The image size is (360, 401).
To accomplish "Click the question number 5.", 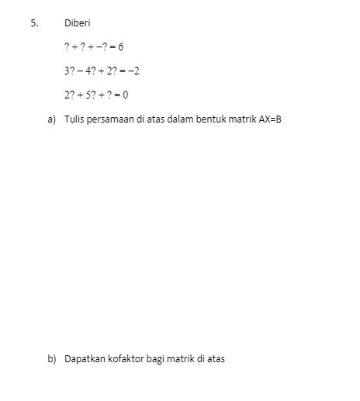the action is [x=33, y=23].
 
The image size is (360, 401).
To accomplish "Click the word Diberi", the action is [x=78, y=23].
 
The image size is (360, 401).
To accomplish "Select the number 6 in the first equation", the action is [x=121, y=47].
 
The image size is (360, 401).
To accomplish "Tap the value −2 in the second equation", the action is [x=133, y=71].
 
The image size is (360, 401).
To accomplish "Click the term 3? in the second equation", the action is [x=70, y=71].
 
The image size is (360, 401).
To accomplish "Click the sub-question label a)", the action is [x=52, y=120].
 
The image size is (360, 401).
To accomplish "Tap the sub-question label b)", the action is [x=52, y=359].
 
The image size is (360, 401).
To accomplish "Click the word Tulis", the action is [x=74, y=120].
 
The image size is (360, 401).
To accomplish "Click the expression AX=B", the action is [x=269, y=120].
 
